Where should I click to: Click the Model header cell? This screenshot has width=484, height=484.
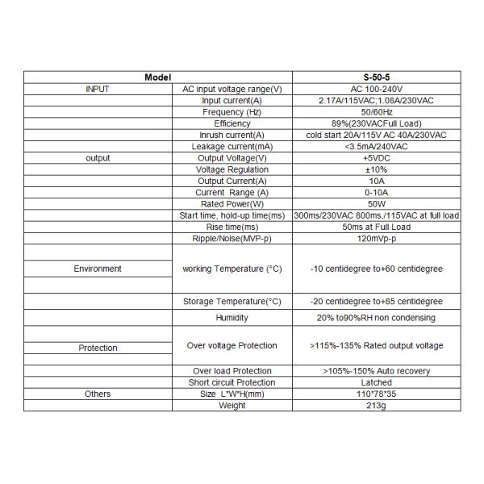tap(158, 77)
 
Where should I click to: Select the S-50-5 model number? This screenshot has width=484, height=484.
tap(376, 77)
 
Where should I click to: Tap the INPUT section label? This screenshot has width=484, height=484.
tap(98, 89)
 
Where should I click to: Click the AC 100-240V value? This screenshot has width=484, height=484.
tap(376, 89)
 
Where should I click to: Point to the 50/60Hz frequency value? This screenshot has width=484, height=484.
tap(376, 112)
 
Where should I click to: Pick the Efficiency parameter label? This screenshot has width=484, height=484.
tap(232, 123)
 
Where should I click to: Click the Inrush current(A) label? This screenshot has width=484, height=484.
tap(232, 135)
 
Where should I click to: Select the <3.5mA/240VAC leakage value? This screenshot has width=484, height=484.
tap(376, 147)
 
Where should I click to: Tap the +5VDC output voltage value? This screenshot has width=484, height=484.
tap(376, 158)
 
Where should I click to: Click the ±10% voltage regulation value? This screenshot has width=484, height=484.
tap(376, 169)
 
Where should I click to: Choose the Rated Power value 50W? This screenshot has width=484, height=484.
tap(376, 204)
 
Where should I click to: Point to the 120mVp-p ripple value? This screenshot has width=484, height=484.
tap(376, 239)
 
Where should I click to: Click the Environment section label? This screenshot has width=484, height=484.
tap(98, 269)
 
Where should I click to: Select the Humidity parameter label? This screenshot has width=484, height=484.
tap(232, 318)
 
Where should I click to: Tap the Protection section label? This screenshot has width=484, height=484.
tap(98, 348)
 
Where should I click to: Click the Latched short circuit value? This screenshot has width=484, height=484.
tap(376, 382)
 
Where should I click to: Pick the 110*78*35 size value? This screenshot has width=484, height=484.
tap(376, 394)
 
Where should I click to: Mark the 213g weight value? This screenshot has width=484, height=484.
tap(376, 406)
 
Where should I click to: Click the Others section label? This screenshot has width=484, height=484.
tap(98, 394)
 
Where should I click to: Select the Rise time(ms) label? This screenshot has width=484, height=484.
tap(232, 227)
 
